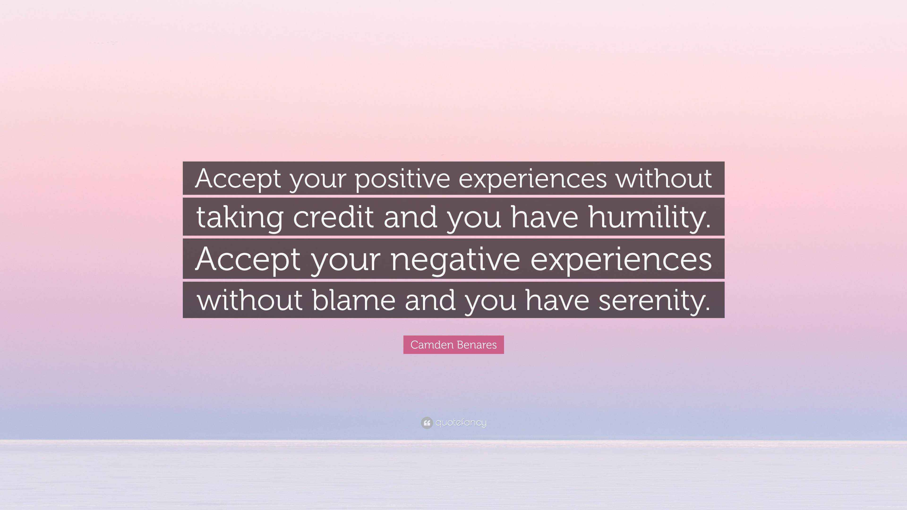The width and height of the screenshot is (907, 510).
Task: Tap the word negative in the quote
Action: (455, 260)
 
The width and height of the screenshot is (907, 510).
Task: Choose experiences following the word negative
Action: (621, 260)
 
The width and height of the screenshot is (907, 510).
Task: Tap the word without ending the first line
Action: (664, 178)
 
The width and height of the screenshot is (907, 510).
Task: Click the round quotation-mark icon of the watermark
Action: (426, 423)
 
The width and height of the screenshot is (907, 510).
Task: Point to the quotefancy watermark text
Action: (461, 423)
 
